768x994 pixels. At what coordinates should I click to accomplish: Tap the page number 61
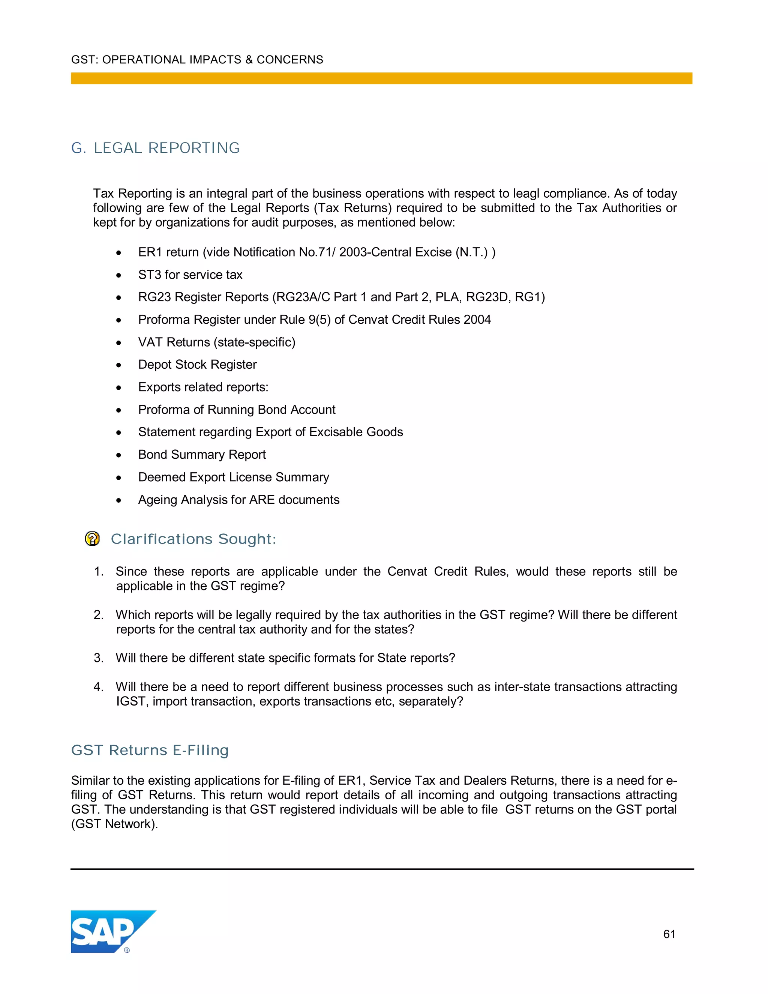click(x=669, y=934)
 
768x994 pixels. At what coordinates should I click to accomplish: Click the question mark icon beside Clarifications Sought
click(x=92, y=539)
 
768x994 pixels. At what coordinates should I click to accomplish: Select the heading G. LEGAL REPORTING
click(x=155, y=148)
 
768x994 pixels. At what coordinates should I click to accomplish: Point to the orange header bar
click(x=381, y=78)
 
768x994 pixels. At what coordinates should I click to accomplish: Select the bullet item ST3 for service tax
click(x=190, y=275)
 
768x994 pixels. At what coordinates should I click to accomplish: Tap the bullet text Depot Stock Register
click(x=198, y=365)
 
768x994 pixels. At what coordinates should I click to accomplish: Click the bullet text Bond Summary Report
click(x=202, y=455)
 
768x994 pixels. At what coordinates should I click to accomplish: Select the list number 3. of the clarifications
click(x=99, y=658)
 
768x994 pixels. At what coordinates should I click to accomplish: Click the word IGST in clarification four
click(x=130, y=701)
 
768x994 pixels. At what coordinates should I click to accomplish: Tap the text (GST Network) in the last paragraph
click(x=114, y=824)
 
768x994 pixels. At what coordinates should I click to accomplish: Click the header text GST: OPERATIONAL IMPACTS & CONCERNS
click(x=197, y=60)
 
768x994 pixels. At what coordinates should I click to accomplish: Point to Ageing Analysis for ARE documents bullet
click(x=239, y=500)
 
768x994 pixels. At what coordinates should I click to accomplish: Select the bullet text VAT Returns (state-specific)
click(x=217, y=342)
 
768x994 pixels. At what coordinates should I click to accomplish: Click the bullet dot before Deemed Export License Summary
click(x=119, y=478)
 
